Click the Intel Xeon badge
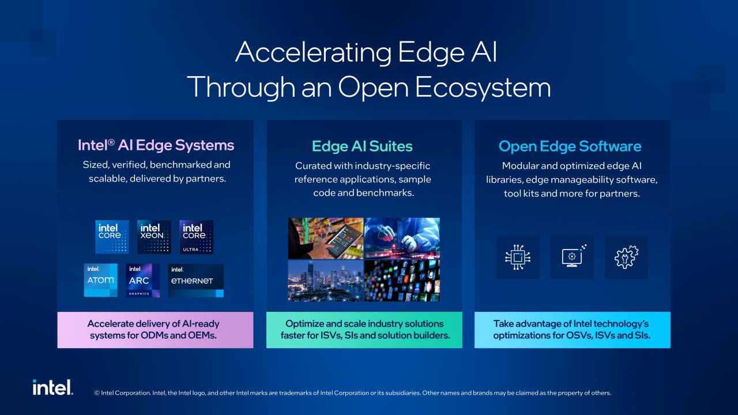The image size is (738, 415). [154, 237]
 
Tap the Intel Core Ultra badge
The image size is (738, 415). [197, 237]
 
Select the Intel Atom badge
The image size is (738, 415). [100, 280]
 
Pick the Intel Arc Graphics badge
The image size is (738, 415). [142, 280]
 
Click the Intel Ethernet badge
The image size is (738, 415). [195, 280]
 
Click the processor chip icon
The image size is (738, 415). [518, 257]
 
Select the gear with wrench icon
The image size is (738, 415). [626, 257]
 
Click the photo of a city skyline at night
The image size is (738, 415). [326, 280]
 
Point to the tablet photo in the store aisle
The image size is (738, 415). [326, 238]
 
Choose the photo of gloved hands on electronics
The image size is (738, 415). [402, 238]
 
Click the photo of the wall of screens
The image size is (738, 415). [402, 280]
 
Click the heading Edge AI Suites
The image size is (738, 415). [362, 146]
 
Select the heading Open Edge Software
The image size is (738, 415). [570, 146]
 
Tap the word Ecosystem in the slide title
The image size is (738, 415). [483, 87]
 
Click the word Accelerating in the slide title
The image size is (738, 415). [313, 52]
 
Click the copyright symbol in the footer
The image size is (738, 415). [97, 393]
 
